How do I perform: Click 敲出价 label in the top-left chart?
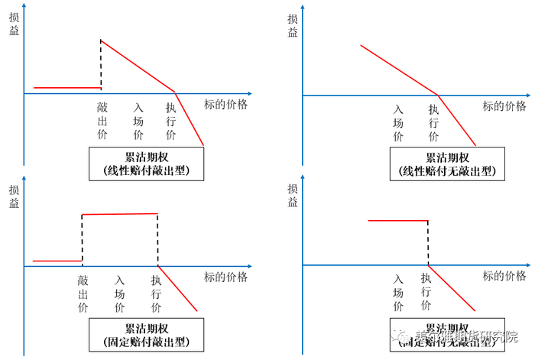pos(102,122)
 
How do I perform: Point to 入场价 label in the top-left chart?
pos(138,122)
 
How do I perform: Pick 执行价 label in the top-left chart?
pos(171,122)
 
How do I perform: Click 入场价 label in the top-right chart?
pos(398,123)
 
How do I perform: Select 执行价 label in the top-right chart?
pos(433,123)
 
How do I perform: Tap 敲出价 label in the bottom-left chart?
pos(83,294)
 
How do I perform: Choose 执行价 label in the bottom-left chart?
pos(157,294)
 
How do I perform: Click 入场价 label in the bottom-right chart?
pos(398,293)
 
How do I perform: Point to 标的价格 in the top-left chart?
pos(226,105)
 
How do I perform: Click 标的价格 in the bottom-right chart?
pos(504,276)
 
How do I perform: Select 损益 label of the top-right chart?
pos(293,26)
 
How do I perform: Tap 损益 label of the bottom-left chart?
pos(14,196)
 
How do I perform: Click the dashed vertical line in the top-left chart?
pos(101,64)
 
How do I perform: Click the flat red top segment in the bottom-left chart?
pos(120,214)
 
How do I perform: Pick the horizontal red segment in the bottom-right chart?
pos(397,220)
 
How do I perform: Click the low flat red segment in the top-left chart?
pos(67,88)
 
